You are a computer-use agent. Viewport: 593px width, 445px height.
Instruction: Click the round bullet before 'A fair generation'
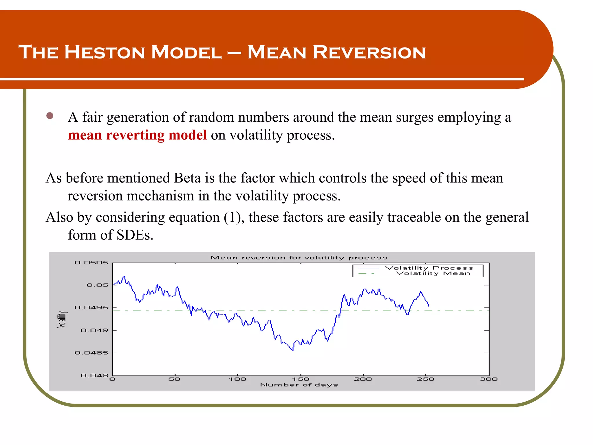(50, 116)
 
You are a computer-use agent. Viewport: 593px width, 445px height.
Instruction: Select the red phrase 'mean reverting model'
(137, 135)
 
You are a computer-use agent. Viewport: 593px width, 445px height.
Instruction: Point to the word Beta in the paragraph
(187, 178)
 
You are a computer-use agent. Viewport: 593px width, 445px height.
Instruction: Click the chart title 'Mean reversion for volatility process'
(299, 258)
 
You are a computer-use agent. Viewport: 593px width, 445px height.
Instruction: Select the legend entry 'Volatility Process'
(429, 268)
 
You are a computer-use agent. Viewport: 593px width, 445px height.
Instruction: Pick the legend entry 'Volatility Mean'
(433, 273)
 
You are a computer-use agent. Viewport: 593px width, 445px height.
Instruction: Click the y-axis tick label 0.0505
(91, 263)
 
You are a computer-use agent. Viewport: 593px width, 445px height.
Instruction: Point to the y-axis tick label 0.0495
(91, 307)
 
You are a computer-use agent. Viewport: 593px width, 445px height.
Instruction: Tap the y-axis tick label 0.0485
(91, 353)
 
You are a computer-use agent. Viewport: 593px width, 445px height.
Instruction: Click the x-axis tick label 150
(301, 379)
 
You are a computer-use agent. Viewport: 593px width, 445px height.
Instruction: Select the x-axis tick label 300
(488, 379)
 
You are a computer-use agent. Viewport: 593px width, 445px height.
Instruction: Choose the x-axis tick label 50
(174, 379)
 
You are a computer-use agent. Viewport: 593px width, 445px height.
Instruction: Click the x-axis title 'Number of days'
(299, 385)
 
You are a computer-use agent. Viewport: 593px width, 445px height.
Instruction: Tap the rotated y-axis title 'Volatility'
(61, 319)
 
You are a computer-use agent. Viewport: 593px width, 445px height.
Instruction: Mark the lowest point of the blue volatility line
(293, 351)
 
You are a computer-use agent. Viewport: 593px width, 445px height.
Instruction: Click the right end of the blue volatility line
(429, 306)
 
